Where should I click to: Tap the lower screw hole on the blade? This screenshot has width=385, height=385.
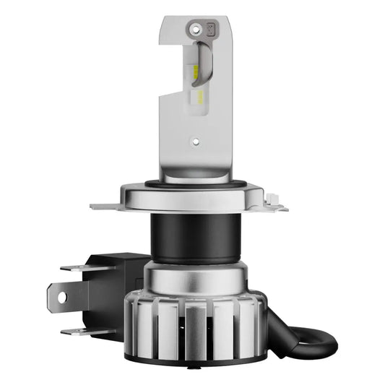194,142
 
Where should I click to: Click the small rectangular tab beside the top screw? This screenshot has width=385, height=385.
212,28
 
